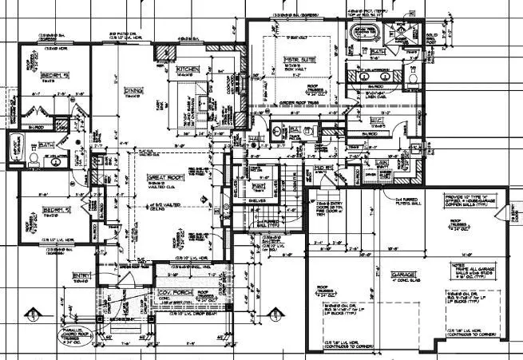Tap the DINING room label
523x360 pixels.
(132, 92)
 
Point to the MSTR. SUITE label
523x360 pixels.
(301, 59)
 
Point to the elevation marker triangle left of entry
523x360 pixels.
(32, 312)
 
